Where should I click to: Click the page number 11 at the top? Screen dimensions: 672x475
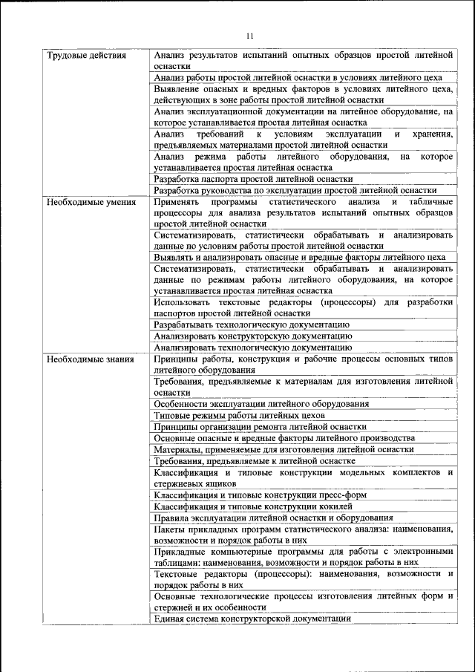pos(249,35)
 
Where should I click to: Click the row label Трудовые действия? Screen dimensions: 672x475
pos(86,56)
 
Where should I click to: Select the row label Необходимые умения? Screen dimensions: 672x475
pos(91,202)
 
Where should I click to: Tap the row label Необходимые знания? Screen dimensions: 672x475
pos(90,359)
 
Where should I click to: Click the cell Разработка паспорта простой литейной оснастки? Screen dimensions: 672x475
pos(253,179)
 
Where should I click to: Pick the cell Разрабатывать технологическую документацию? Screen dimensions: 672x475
pos(252,324)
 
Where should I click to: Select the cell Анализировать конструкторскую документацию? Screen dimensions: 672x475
pos(253,336)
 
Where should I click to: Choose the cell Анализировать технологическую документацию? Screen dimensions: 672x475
pos(253,347)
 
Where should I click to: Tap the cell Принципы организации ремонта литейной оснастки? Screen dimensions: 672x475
pos(260,427)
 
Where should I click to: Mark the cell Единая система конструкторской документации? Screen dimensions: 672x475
pos(252,619)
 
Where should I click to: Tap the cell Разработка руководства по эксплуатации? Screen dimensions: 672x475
pos(295,190)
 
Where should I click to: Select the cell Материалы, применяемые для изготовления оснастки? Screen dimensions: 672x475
pos(284,449)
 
